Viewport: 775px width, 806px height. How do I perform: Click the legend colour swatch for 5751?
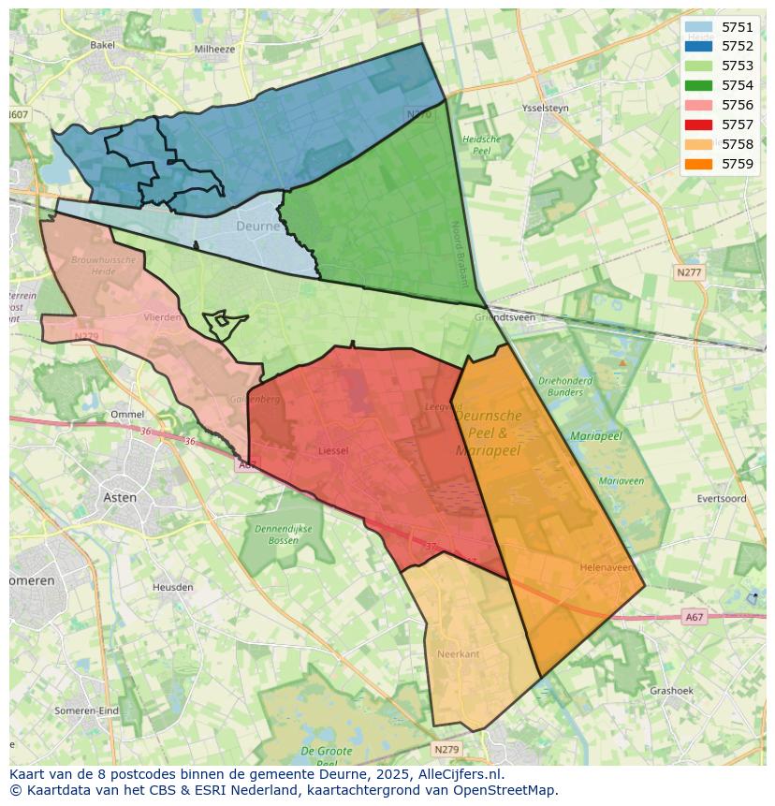(x=698, y=27)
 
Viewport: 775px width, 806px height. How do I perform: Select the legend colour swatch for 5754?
(x=698, y=85)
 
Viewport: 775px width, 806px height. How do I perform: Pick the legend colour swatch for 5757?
(x=698, y=125)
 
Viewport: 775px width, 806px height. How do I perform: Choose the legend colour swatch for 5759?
(x=698, y=164)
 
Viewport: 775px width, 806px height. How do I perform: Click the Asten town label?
(x=120, y=497)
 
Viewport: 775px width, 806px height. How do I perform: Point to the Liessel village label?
(x=333, y=450)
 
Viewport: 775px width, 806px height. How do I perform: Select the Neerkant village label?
(x=458, y=653)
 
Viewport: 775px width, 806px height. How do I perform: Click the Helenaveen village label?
(x=606, y=567)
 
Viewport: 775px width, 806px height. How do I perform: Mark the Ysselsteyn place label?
(x=546, y=108)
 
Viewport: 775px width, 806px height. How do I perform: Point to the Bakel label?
(x=102, y=44)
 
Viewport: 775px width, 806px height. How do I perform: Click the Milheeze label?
(x=214, y=49)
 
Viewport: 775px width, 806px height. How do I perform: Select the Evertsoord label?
(x=720, y=499)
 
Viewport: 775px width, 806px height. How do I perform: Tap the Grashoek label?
(x=671, y=691)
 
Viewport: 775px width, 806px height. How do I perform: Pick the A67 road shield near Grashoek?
(x=694, y=617)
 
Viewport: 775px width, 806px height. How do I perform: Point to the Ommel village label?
(x=127, y=414)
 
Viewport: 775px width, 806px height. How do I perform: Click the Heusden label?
(x=172, y=587)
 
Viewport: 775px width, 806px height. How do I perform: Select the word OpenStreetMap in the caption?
(x=505, y=790)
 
